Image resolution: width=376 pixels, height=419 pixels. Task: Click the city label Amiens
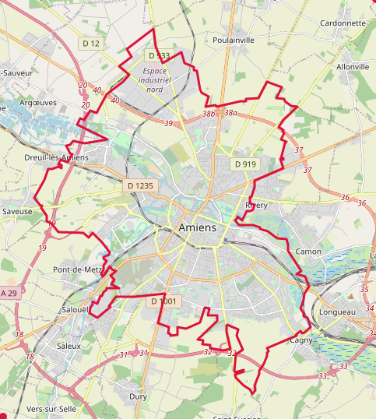coord(198,227)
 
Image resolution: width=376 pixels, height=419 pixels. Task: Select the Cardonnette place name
coord(343,23)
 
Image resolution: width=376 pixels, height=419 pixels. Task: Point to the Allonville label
coord(352,67)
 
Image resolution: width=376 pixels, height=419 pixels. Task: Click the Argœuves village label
coord(36,101)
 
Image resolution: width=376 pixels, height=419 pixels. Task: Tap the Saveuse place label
coord(17,211)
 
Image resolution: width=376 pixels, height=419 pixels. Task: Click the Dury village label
coord(138,396)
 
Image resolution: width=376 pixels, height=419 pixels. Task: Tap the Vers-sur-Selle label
coord(51,409)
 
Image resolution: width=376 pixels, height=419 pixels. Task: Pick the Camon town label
coord(308,252)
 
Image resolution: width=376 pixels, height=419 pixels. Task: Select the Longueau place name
coord(337,312)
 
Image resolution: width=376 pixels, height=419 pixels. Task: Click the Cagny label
coord(300,340)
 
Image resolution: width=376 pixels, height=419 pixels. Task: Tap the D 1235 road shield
coord(141,185)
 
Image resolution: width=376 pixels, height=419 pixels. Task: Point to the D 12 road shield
coord(90,43)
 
